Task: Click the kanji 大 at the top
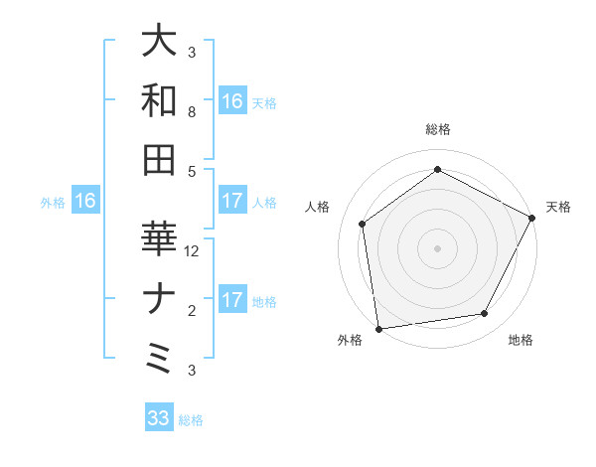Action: pos(160,41)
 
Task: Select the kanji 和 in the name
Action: pos(160,100)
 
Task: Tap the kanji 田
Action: pos(160,160)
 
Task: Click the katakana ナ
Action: pos(160,299)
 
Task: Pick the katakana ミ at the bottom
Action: pos(160,359)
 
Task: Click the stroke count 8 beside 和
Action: pos(192,112)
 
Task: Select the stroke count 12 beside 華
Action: pos(193,251)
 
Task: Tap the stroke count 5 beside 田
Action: pos(192,172)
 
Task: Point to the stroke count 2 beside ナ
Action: pos(192,311)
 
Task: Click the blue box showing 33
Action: pos(159,418)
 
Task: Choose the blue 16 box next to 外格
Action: pos(84,202)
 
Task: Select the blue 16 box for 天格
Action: pos(232,101)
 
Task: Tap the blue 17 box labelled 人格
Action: pos(232,202)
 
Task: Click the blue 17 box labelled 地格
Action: pos(232,301)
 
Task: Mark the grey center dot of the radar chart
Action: pos(437,247)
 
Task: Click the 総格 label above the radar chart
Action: pos(438,129)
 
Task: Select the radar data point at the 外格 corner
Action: pos(378,328)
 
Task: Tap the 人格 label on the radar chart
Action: pos(319,207)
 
